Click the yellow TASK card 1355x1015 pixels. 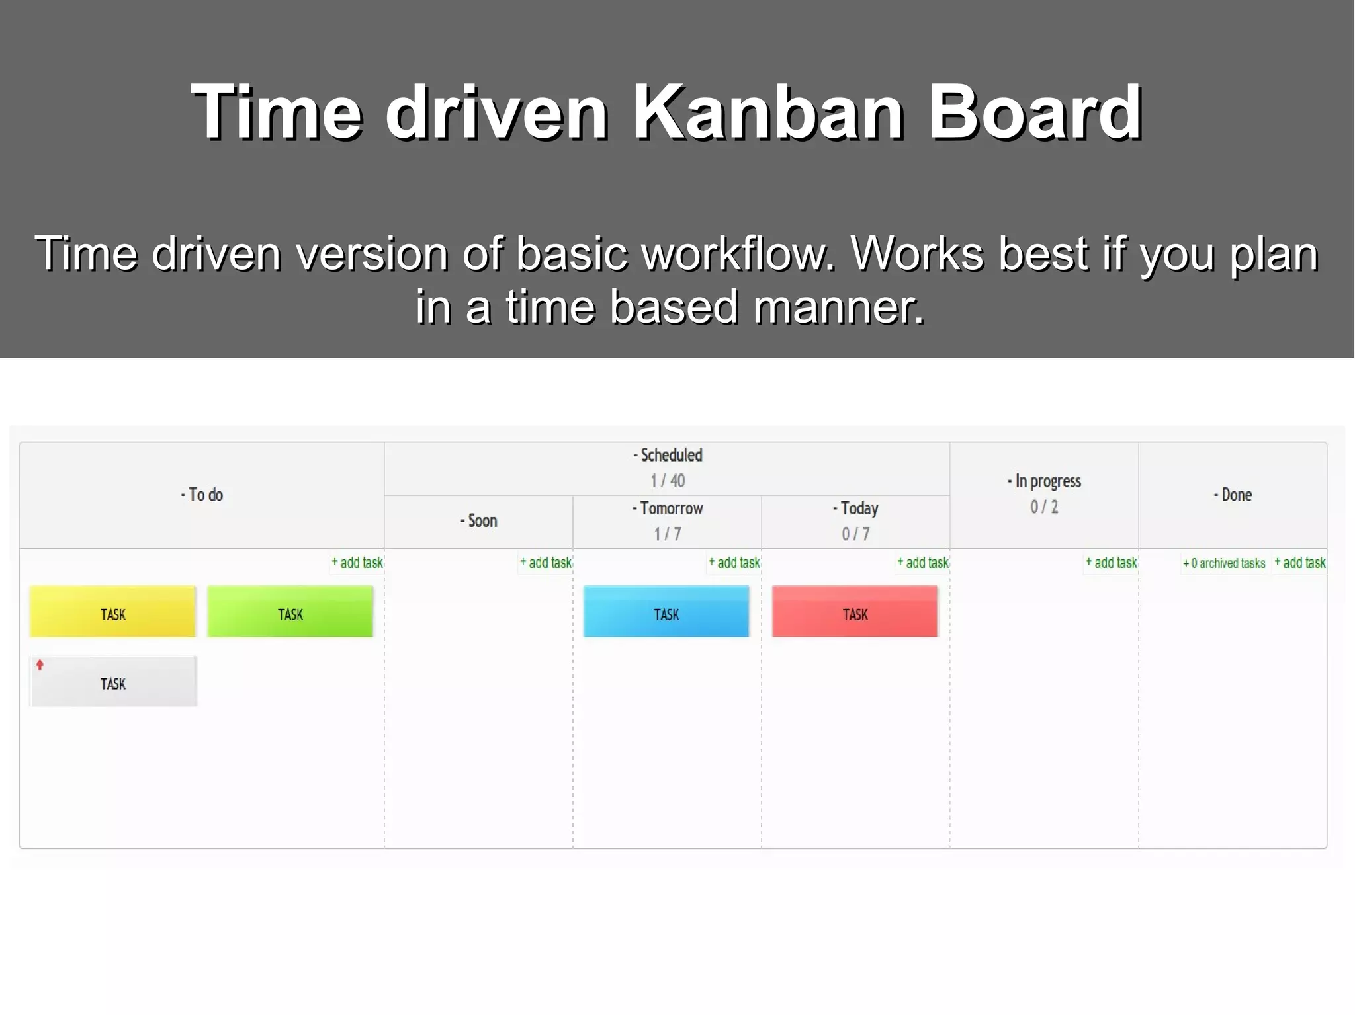[112, 612]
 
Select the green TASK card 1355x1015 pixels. [290, 612]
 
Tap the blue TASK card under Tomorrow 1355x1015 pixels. [666, 612]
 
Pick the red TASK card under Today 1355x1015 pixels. [854, 612]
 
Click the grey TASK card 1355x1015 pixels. [112, 682]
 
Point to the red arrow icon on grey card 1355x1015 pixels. [40, 665]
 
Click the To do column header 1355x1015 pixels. [202, 495]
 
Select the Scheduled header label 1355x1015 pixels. [668, 455]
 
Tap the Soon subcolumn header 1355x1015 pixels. [478, 521]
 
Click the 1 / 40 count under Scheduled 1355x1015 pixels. [668, 481]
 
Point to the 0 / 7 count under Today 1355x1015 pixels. [855, 534]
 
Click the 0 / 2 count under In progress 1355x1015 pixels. [1044, 507]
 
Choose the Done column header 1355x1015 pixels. [1233, 495]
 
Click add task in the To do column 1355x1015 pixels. [357, 563]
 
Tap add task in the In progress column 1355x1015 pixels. [1112, 563]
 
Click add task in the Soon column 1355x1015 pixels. [546, 563]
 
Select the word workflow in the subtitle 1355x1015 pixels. [740, 253]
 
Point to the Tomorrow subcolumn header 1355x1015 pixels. [668, 508]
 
